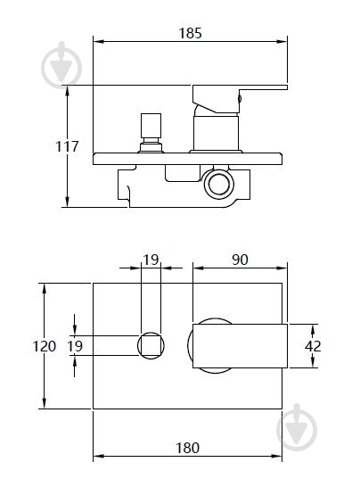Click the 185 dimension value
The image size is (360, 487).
[190, 33]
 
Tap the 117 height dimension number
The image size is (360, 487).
[67, 146]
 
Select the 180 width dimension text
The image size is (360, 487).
[187, 448]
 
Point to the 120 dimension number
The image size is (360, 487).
[45, 346]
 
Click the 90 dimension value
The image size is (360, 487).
[240, 260]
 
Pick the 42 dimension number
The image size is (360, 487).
[313, 346]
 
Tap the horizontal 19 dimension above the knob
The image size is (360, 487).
[151, 260]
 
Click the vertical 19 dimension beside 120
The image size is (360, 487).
[76, 346]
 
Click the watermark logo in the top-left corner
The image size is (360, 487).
[61, 65]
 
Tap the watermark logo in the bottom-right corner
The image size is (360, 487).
[297, 427]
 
